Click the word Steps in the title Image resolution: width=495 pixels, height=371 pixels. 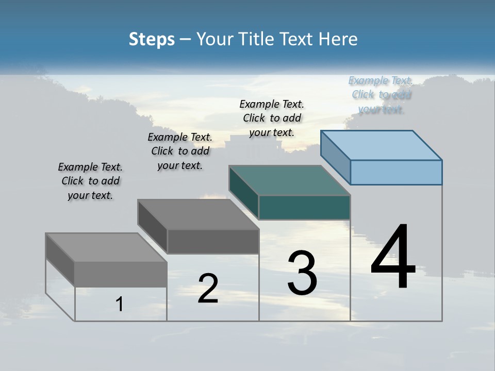point(152,40)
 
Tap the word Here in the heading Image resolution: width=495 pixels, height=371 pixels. point(338,40)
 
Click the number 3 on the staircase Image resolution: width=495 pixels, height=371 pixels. point(302,273)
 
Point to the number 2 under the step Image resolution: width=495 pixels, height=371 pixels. point(208,289)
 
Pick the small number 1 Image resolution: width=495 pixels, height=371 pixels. point(120,304)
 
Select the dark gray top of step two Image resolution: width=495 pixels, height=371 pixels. point(198,214)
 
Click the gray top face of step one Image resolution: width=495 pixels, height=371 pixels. point(106,247)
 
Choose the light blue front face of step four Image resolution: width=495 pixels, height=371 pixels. point(396,172)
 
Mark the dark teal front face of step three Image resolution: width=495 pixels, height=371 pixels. point(304,207)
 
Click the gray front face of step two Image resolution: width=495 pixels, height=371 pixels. point(213,241)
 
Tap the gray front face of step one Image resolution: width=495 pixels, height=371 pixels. point(121,274)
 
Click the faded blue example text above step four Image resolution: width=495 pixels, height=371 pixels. point(381,95)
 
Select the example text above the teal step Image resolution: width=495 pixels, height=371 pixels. point(272,118)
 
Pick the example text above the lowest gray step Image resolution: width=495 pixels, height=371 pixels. point(90,181)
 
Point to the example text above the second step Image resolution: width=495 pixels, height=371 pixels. point(180,151)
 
